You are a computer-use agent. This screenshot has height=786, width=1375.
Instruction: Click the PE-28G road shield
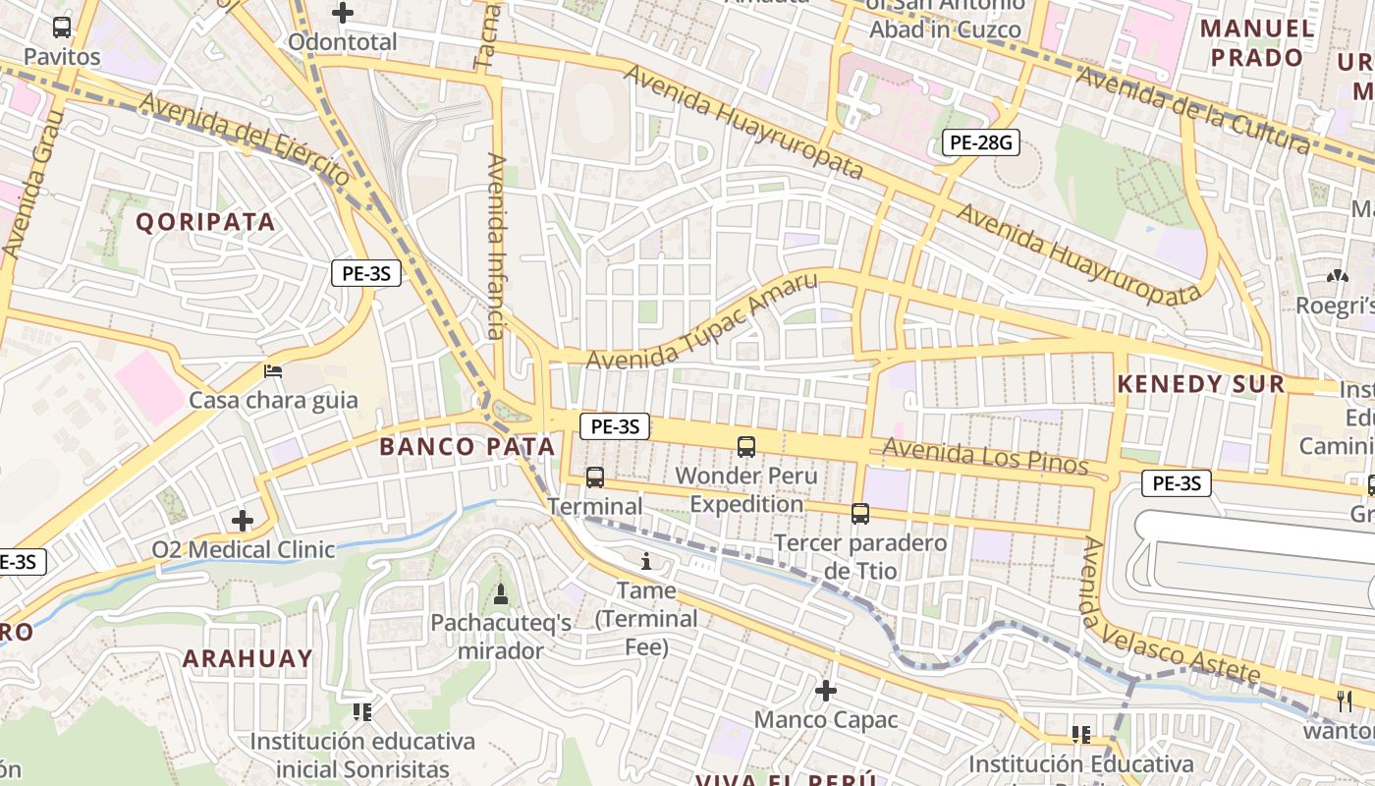(x=979, y=142)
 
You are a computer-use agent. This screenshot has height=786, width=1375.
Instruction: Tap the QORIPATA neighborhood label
(x=205, y=222)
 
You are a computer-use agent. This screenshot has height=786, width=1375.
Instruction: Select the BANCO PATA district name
(x=467, y=446)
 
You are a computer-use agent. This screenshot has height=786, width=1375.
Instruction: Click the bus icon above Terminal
(x=595, y=477)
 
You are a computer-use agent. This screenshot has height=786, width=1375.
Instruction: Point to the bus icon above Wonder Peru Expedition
(x=746, y=447)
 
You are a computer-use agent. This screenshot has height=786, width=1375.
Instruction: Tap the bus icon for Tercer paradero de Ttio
(x=860, y=513)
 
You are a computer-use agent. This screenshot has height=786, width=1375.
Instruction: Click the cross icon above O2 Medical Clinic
(x=243, y=520)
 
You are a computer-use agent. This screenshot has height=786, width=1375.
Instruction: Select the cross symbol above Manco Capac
(x=826, y=691)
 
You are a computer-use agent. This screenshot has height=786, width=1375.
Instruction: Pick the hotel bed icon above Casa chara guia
(x=273, y=371)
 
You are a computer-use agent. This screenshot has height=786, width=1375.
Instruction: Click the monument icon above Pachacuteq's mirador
(x=501, y=593)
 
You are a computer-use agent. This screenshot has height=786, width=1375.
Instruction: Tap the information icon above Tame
(x=646, y=562)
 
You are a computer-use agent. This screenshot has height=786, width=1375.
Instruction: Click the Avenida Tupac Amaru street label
(x=701, y=322)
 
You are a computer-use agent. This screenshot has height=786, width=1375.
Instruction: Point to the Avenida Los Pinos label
(x=985, y=456)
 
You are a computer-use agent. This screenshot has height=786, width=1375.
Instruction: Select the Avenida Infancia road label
(x=497, y=246)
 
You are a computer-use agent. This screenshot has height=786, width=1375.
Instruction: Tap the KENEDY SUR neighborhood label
(x=1200, y=384)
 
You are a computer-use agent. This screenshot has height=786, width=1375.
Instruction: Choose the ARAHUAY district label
(x=247, y=658)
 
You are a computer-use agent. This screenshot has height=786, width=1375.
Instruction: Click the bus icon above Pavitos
(x=62, y=27)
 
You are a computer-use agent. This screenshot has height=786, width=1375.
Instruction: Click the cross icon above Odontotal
(x=343, y=13)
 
